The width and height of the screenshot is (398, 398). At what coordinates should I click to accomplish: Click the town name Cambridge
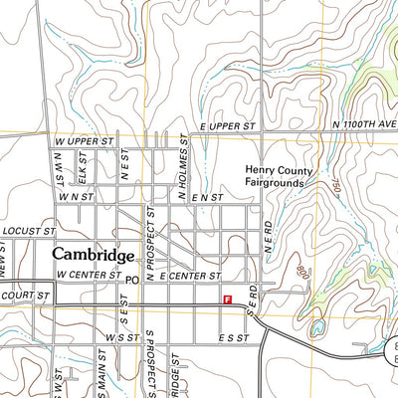[x=94, y=255]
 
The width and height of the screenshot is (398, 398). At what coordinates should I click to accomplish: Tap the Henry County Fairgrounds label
[x=281, y=176]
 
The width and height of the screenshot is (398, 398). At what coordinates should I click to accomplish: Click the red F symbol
[x=228, y=298]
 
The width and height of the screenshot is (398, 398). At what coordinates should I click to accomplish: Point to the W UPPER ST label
[x=84, y=142]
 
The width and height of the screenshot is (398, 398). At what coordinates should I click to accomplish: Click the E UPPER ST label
[x=228, y=127]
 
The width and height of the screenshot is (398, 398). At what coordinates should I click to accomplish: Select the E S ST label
[x=233, y=338]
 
